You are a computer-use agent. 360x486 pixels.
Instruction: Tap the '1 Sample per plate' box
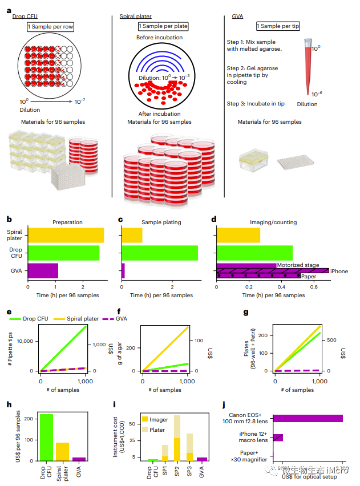click(x=163, y=27)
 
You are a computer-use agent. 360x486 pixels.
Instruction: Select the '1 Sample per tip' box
click(x=278, y=26)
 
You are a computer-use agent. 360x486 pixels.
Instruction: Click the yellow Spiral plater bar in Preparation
click(x=66, y=235)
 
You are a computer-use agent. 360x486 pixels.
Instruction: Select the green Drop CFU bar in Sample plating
click(x=160, y=253)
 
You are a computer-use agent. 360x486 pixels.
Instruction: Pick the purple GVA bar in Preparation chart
click(x=43, y=270)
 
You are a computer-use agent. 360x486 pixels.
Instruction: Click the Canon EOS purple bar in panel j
click(x=308, y=418)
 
